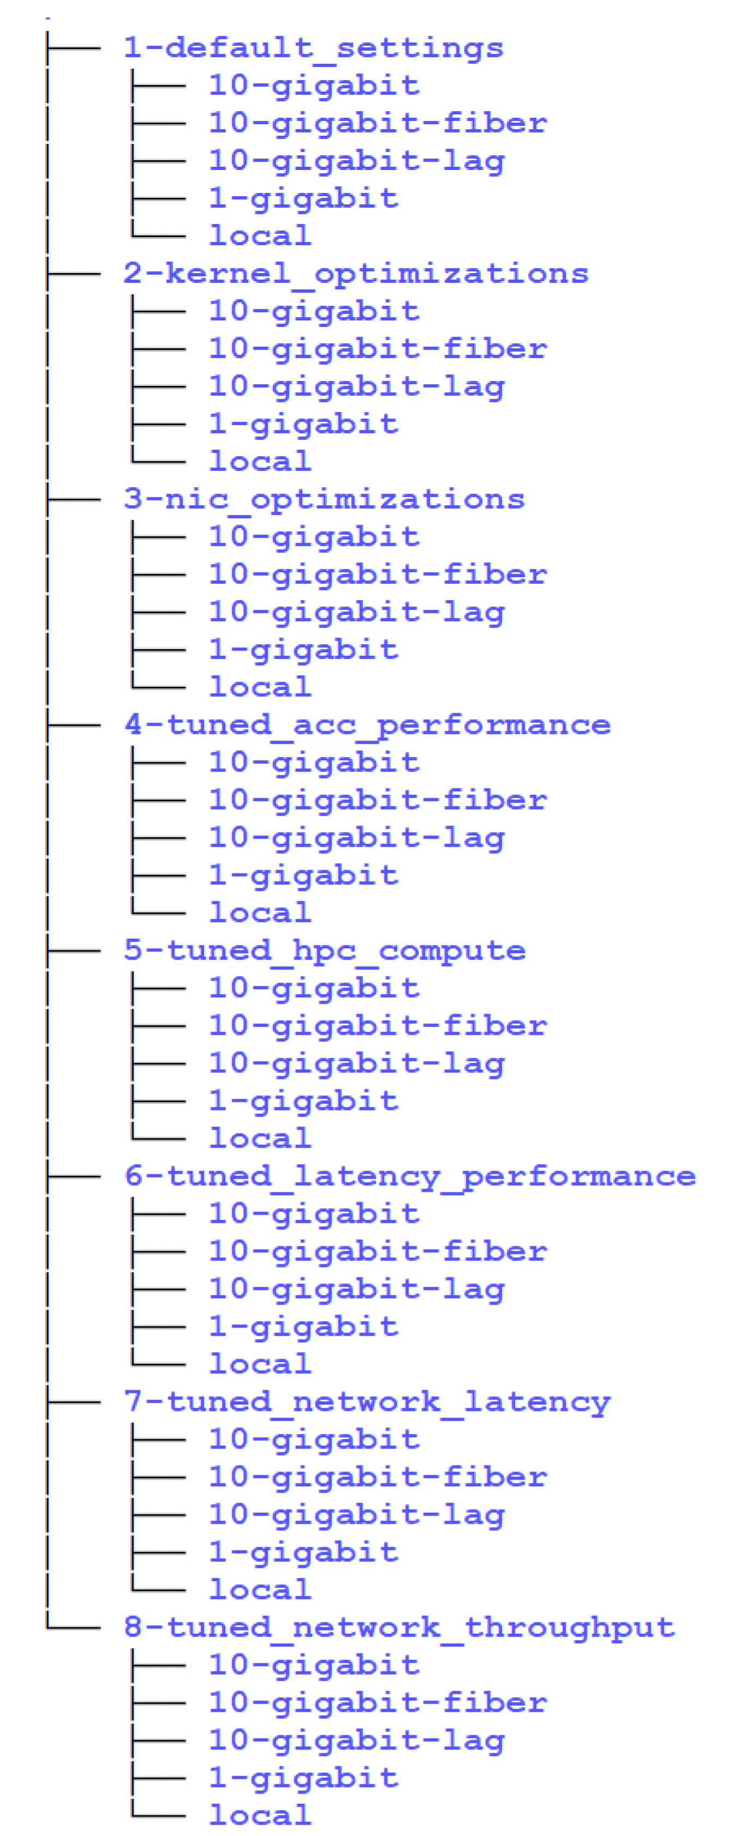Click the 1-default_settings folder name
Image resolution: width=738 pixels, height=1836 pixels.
[x=313, y=49]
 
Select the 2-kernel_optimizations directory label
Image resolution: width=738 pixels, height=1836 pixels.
[x=356, y=274]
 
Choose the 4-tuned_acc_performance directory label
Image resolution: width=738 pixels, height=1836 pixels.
[x=367, y=725]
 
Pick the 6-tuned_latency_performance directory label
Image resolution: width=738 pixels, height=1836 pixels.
[x=410, y=1176]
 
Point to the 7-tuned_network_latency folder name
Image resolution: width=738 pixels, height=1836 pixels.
[x=367, y=1402]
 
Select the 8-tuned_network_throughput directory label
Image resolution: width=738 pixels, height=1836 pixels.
[x=399, y=1627]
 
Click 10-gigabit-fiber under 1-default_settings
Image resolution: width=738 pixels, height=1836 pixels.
[x=378, y=123]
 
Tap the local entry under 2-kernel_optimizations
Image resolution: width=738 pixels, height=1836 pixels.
[x=260, y=461]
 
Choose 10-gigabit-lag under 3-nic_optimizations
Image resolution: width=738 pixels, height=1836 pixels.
[x=357, y=611]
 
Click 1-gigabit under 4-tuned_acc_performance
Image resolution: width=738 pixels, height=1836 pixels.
[x=303, y=875]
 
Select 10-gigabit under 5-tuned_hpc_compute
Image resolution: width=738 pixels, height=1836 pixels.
[x=314, y=988]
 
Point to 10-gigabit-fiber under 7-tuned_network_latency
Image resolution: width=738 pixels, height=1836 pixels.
[x=378, y=1477]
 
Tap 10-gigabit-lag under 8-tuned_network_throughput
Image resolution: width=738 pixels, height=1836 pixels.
[x=357, y=1741]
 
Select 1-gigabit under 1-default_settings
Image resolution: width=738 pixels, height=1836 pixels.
[x=303, y=198]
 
